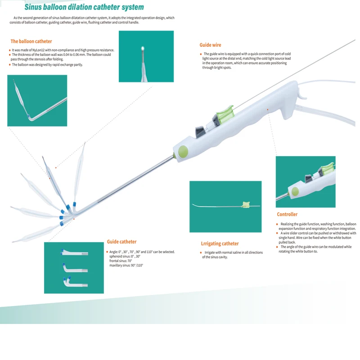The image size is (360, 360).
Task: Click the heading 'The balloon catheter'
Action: pos(31,41)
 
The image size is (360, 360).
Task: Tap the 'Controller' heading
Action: pos(287,214)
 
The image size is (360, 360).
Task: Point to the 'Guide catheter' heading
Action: pos(121,242)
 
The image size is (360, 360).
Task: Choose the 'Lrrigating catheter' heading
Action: pos(220,243)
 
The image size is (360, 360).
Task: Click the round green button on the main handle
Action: pos(183,151)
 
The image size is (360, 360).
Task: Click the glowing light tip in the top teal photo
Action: pos(143,48)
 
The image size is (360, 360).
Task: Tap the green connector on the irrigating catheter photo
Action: pos(246,205)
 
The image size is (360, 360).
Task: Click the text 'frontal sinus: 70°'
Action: pos(121,261)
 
